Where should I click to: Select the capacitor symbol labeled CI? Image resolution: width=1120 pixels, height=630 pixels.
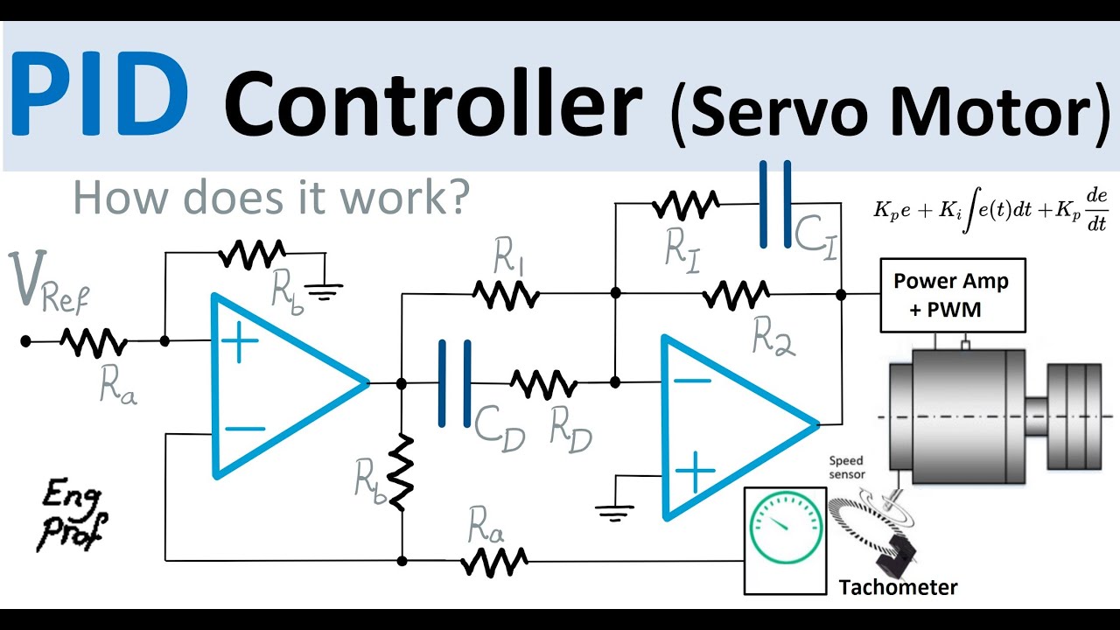click(775, 203)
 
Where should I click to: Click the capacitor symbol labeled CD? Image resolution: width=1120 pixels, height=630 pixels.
click(454, 383)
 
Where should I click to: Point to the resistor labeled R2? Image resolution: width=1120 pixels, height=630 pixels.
click(736, 296)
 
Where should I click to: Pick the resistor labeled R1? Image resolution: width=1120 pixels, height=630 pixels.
click(505, 296)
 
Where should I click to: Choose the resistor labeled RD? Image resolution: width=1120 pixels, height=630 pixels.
click(543, 383)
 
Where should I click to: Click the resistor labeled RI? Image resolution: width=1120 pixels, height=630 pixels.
click(685, 206)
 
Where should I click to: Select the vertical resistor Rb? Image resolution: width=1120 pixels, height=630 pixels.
click(401, 472)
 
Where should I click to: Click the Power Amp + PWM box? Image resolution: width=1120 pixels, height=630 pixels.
click(952, 296)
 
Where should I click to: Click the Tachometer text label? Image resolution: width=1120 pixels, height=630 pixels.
click(898, 587)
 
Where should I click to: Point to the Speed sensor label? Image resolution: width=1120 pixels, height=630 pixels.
click(846, 467)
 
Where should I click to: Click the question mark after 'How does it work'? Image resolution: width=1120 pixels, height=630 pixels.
click(451, 198)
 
